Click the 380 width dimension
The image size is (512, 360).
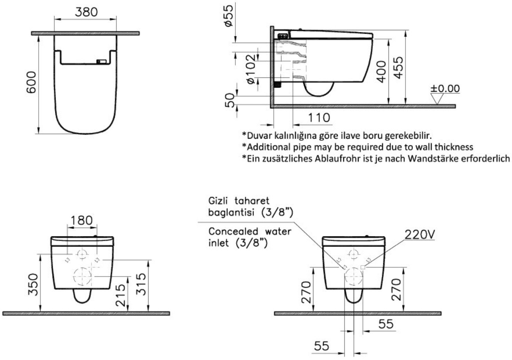tap(86, 12)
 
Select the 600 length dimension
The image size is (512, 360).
tap(31, 82)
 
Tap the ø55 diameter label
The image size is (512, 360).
tap(229, 16)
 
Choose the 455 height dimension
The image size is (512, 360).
tap(399, 67)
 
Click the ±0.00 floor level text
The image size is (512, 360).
tap(445, 89)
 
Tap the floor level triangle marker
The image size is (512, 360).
tap(437, 99)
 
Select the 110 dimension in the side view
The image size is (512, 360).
tap(319, 118)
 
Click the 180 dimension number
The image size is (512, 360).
tap(82, 220)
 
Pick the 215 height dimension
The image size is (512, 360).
tap(120, 295)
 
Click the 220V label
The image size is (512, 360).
tap(420, 235)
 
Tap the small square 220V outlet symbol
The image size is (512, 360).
tap(363, 267)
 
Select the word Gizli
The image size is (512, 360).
tap(218, 201)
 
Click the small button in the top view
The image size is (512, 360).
tap(102, 62)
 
